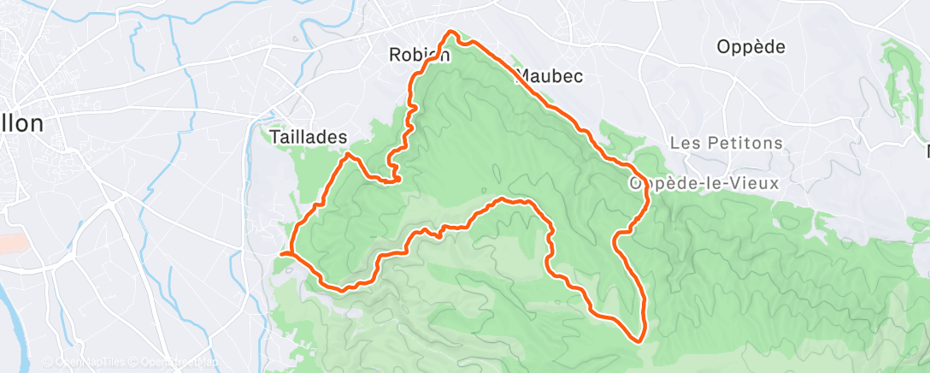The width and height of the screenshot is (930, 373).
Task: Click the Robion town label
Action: click(419, 55)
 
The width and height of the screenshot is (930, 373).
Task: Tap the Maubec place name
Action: click(550, 76)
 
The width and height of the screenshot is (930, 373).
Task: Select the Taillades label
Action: click(308, 137)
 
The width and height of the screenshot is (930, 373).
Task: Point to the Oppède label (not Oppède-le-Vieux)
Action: click(750, 47)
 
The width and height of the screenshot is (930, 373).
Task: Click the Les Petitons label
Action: click(726, 143)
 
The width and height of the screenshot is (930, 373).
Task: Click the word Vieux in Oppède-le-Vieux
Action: click(733, 183)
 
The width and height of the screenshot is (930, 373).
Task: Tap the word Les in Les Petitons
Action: click(684, 143)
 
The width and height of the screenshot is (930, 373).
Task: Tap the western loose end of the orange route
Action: click(281, 253)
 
